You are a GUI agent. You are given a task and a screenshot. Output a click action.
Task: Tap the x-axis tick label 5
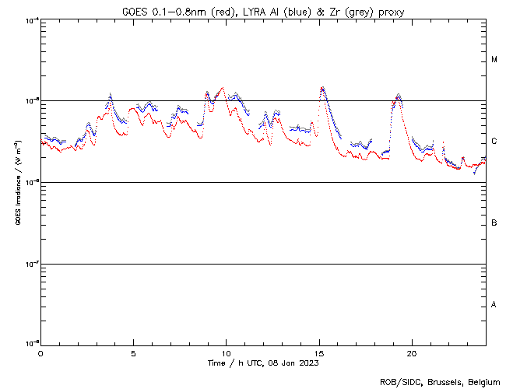point(133,353)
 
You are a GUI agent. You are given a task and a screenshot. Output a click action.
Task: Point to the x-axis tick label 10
point(226,353)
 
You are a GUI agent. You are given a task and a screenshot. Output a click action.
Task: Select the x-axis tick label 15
point(318,353)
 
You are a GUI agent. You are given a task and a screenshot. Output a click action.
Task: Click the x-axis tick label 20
point(411,353)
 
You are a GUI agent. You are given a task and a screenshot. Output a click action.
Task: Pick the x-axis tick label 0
point(40,353)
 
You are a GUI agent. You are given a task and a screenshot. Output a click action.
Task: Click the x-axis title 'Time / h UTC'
point(262,363)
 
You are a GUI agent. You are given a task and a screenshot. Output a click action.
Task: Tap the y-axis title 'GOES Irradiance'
point(16,183)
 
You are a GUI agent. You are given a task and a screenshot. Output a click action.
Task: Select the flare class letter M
point(494,60)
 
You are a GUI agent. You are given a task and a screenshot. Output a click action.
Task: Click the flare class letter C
point(494,142)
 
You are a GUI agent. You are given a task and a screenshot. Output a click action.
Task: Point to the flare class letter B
point(494,223)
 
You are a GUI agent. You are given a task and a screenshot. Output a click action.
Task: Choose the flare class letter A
point(494,305)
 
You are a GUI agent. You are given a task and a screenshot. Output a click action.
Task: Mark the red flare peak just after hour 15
point(322,89)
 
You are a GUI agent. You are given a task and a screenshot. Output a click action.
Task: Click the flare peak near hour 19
point(399,96)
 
